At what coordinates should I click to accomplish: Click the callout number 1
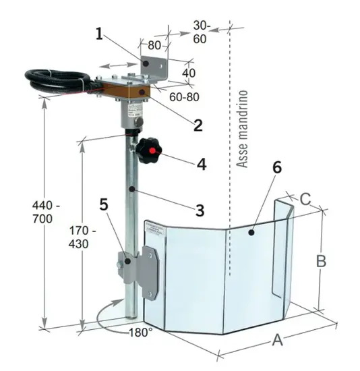click(x=100, y=34)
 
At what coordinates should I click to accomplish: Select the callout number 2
click(x=198, y=125)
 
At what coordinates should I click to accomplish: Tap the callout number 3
click(x=200, y=210)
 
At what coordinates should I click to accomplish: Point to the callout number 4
click(x=202, y=164)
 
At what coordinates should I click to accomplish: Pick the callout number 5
click(x=104, y=204)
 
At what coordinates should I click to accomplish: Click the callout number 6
click(x=277, y=167)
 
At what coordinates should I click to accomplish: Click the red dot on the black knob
click(x=152, y=150)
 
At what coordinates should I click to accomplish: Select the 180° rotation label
click(x=141, y=333)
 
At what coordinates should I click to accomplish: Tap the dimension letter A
click(x=278, y=340)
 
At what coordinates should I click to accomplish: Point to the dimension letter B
click(x=321, y=261)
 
